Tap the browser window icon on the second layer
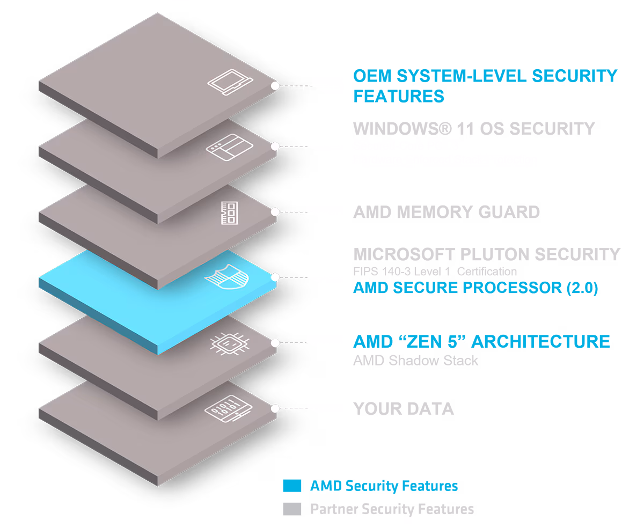(x=230, y=146)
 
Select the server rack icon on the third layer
(x=229, y=212)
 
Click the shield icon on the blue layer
(x=227, y=277)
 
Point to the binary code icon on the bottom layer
(x=228, y=408)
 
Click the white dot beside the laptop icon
(x=275, y=86)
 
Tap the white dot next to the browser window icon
(x=275, y=146)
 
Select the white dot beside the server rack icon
(x=275, y=212)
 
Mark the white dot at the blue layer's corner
(x=275, y=277)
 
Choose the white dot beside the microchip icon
(x=275, y=343)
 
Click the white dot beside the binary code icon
(x=275, y=408)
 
